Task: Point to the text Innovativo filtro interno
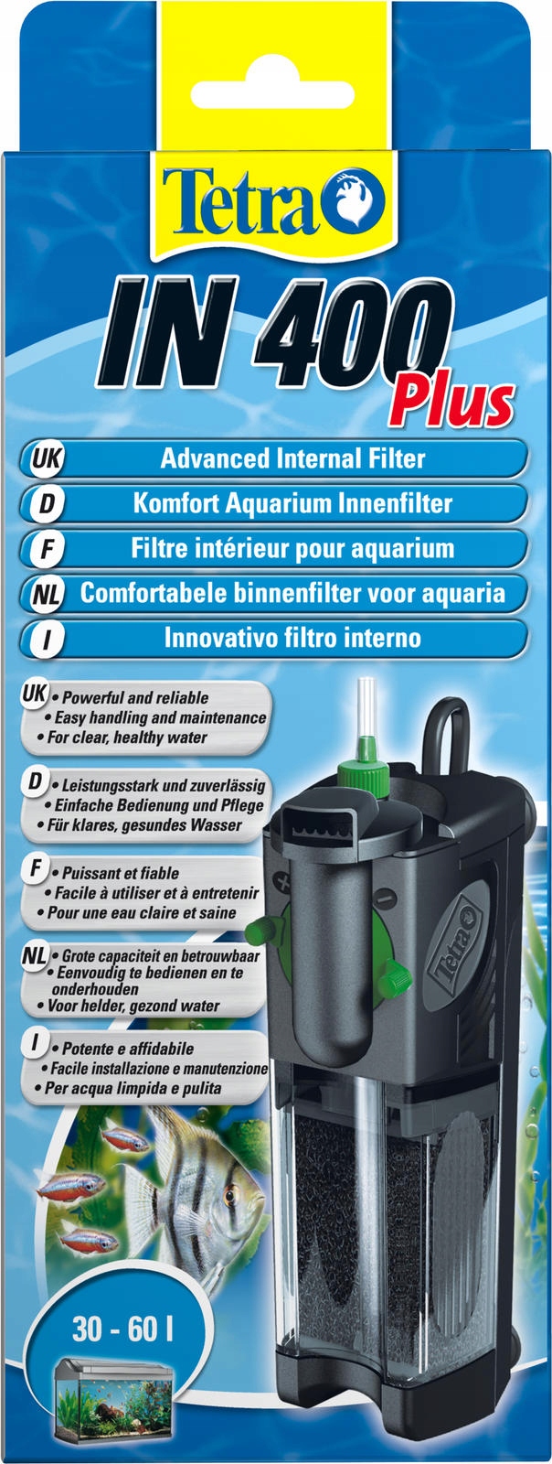pyautogui.click(x=292, y=638)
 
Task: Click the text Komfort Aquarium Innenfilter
pyautogui.click(x=292, y=502)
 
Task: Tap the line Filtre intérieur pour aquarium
pyautogui.click(x=292, y=549)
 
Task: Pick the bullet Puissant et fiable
pyautogui.click(x=119, y=873)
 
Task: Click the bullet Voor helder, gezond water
pyautogui.click(x=132, y=1006)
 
